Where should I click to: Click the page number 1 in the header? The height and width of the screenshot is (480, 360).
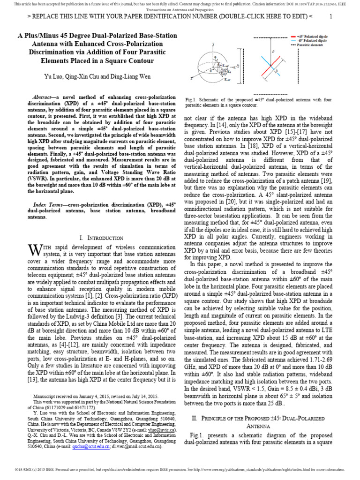(x=330, y=16)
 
